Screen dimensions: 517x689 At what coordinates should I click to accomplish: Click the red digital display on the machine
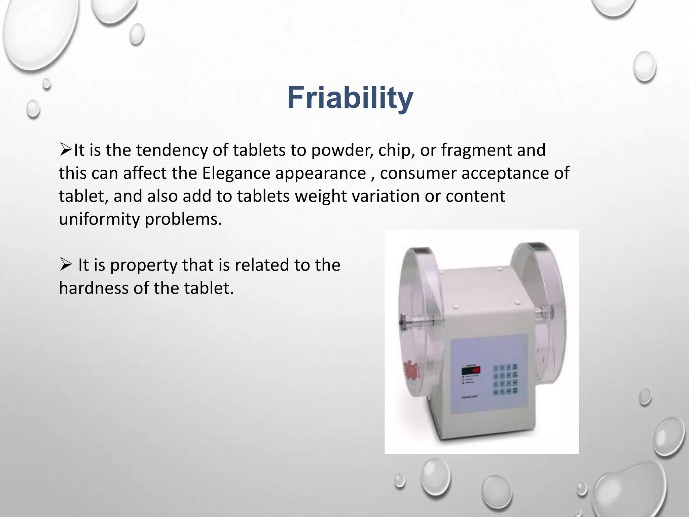point(471,371)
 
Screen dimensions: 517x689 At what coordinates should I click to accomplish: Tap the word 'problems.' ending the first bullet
point(184,219)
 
